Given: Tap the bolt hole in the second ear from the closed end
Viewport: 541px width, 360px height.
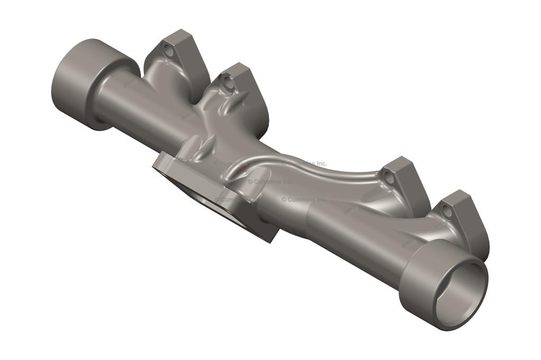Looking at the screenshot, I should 228,82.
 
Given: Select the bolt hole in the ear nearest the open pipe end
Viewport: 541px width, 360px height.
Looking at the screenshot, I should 447,212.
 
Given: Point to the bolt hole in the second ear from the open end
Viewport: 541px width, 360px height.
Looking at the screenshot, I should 389,177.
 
